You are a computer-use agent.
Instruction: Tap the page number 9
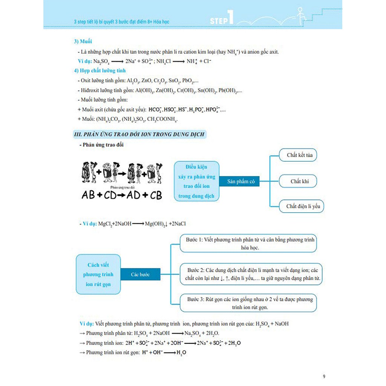click(x=324, y=376)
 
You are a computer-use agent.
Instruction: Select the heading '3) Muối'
click(x=83, y=41)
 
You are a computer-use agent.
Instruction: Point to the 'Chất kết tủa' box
click(x=299, y=155)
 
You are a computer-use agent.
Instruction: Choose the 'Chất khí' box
click(x=299, y=181)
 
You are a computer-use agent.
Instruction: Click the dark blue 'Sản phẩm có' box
click(x=241, y=182)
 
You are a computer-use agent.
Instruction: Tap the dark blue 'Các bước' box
click(x=140, y=274)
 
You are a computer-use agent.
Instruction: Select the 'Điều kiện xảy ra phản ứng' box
click(x=196, y=181)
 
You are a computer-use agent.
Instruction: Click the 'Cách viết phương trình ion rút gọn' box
click(x=98, y=274)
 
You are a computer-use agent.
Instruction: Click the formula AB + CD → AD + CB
click(x=122, y=195)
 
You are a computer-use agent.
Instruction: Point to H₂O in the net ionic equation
click(x=181, y=352)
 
